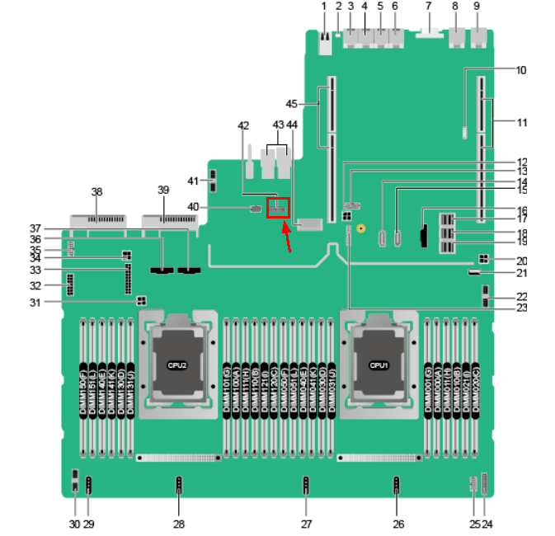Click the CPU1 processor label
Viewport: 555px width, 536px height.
[x=378, y=364]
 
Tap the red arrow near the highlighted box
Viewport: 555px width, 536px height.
[x=286, y=238]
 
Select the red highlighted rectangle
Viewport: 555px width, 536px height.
[x=280, y=209]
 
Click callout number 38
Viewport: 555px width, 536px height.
[x=96, y=191]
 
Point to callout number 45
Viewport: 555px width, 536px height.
[x=291, y=104]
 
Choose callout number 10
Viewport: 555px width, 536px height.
[x=521, y=70]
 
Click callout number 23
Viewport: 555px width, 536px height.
[x=521, y=308]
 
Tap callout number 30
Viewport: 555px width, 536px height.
[x=74, y=524]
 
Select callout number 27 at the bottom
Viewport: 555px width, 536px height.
[x=306, y=524]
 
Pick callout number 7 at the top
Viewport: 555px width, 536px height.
[x=428, y=6]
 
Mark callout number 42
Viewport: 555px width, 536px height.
[x=243, y=125]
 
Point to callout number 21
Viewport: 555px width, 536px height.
[x=521, y=272]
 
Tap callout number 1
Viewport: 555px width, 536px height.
[x=324, y=6]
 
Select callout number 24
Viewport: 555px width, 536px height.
[x=487, y=524]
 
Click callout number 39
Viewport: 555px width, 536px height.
[x=162, y=190]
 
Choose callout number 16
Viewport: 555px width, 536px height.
[x=521, y=210]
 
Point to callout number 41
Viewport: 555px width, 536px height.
[x=192, y=181]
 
